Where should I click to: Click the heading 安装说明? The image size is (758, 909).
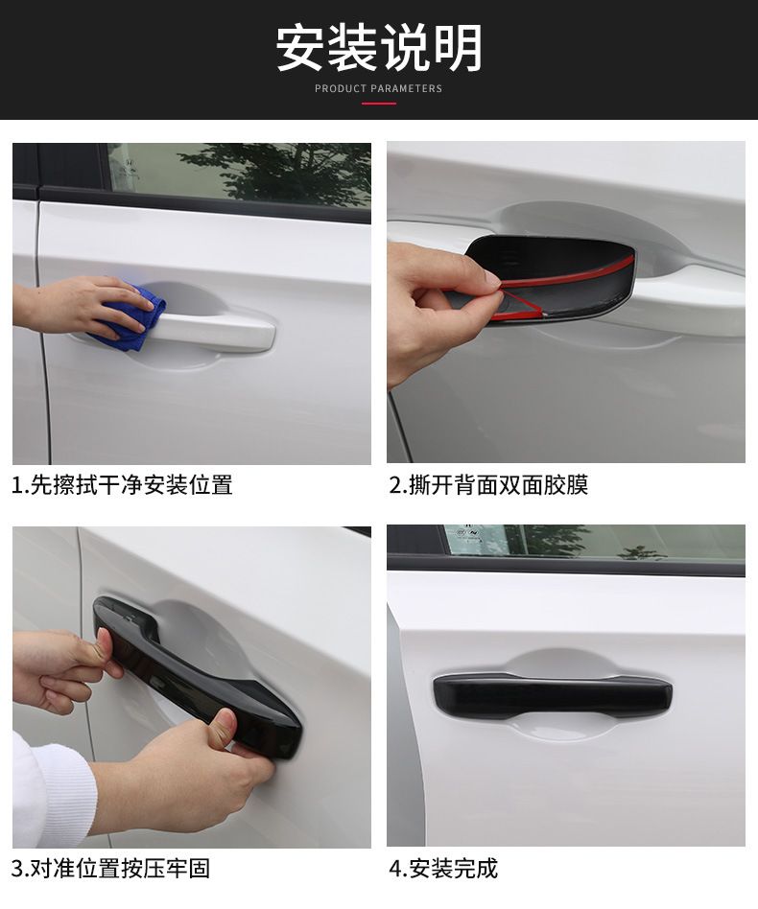click(379, 47)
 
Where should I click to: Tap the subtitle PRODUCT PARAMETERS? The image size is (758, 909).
click(379, 89)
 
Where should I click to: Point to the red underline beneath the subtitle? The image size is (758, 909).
click(379, 104)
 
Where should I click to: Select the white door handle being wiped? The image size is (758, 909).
click(209, 331)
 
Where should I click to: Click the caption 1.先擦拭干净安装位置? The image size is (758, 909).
click(122, 484)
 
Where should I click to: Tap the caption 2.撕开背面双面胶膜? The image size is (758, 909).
click(489, 484)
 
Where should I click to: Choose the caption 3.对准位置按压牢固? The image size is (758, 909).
click(110, 869)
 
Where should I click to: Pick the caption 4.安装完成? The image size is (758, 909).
click(443, 869)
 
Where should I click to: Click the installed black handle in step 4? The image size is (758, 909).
click(552, 696)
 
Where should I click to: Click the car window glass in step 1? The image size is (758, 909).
click(238, 174)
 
